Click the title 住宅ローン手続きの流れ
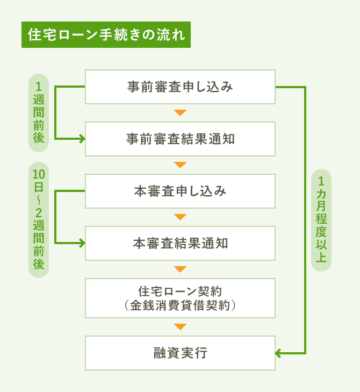click(105, 35)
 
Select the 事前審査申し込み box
click(180, 87)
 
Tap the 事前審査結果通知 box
click(180, 139)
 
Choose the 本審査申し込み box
click(180, 191)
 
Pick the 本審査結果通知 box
click(180, 243)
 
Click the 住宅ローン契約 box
click(180, 297)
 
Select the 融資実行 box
click(180, 353)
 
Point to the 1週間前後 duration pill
click(39, 113)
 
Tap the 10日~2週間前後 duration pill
click(39, 219)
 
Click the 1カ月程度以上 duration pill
click(321, 219)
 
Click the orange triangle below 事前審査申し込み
click(180, 113)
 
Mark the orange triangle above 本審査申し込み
click(180, 165)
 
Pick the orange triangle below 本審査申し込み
click(180, 217)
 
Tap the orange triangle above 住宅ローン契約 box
click(180, 269)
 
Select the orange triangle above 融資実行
click(180, 326)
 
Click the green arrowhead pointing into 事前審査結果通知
click(82, 139)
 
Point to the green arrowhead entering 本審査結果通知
click(82, 243)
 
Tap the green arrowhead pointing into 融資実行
click(278, 353)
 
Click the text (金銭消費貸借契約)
click(180, 305)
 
